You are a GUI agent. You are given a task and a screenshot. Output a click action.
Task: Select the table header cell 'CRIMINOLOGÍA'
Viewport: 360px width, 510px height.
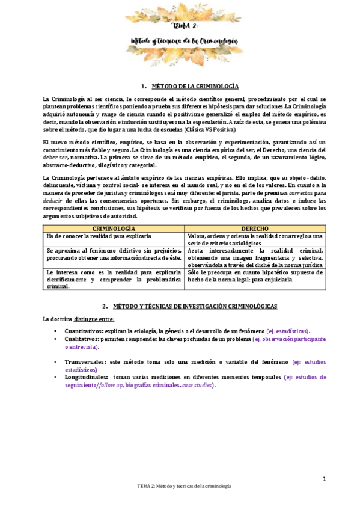114,229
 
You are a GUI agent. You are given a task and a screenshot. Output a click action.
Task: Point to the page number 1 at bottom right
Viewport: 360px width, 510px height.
323,478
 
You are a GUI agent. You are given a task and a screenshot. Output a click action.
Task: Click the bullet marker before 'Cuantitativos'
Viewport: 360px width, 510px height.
55,331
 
